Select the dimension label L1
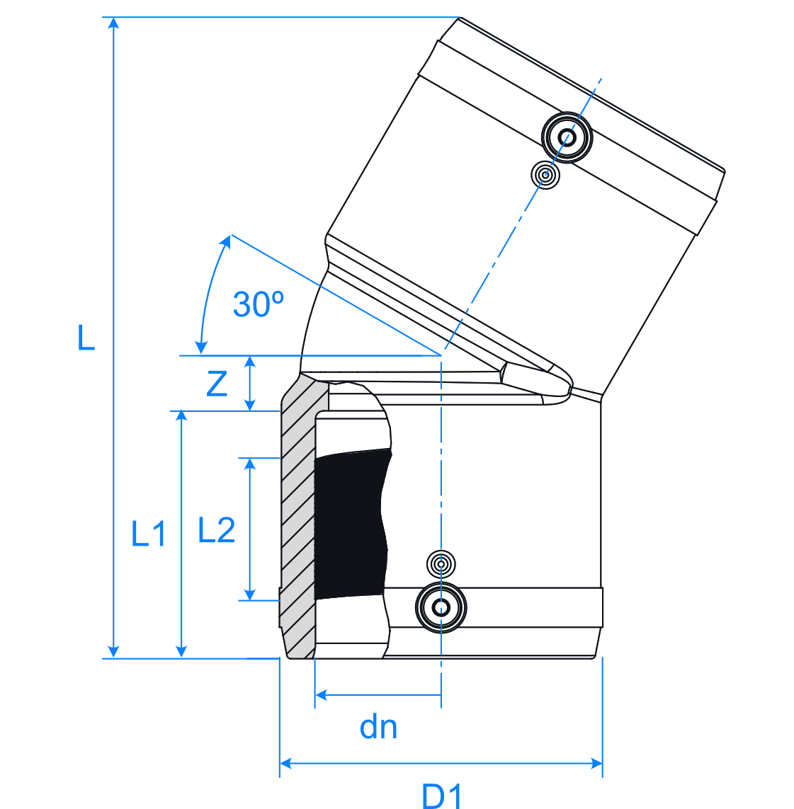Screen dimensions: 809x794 coord(149,534)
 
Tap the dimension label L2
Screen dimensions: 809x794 coord(216,530)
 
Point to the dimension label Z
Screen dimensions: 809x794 coord(217,384)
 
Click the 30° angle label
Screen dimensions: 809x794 coord(258,304)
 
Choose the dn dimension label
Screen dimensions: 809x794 coord(378,728)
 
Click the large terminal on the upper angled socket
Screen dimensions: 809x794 coord(567,137)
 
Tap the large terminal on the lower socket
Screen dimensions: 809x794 coord(441,607)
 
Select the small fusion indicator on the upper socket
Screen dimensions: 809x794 coord(545,174)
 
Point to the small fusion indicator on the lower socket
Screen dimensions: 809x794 coord(441,564)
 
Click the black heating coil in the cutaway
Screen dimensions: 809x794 coord(351,524)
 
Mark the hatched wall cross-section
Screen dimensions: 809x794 coord(297,517)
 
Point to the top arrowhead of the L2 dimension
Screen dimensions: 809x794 coord(249,464)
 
